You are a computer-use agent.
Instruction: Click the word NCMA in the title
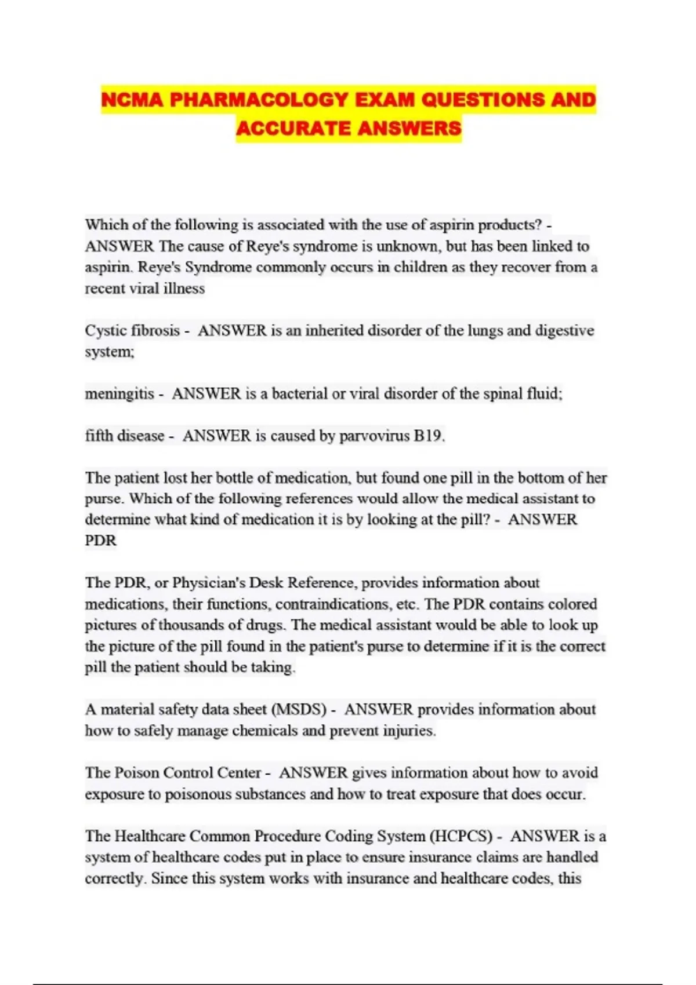click(x=132, y=100)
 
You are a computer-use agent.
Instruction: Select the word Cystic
click(x=106, y=331)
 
